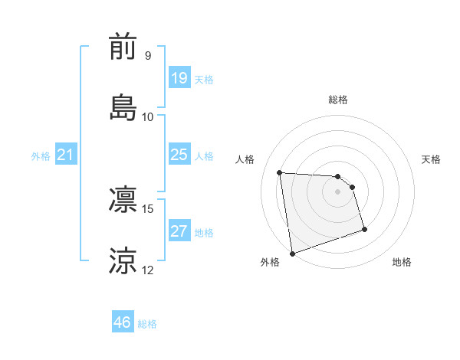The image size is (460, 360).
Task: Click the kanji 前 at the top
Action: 123,48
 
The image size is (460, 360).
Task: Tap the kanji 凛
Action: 123,200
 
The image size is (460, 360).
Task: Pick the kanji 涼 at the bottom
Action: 123,261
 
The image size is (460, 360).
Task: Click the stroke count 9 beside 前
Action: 147,56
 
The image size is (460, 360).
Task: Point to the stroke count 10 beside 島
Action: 148,116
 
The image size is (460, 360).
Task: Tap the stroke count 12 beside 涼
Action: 148,270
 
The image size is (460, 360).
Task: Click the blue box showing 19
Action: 179,77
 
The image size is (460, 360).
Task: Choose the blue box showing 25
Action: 179,155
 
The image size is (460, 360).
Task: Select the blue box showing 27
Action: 179,231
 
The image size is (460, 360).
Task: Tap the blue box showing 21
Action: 66,155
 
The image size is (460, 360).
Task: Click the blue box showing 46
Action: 123,322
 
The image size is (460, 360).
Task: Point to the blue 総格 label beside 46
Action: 147,324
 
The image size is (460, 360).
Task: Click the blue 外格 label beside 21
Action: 41,156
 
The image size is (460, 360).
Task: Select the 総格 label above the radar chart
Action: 338,100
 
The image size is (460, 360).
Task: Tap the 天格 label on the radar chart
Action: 432,159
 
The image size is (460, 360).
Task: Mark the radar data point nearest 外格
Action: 292,253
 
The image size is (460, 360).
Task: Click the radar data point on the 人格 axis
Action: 280,172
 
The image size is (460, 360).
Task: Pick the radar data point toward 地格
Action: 364,229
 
